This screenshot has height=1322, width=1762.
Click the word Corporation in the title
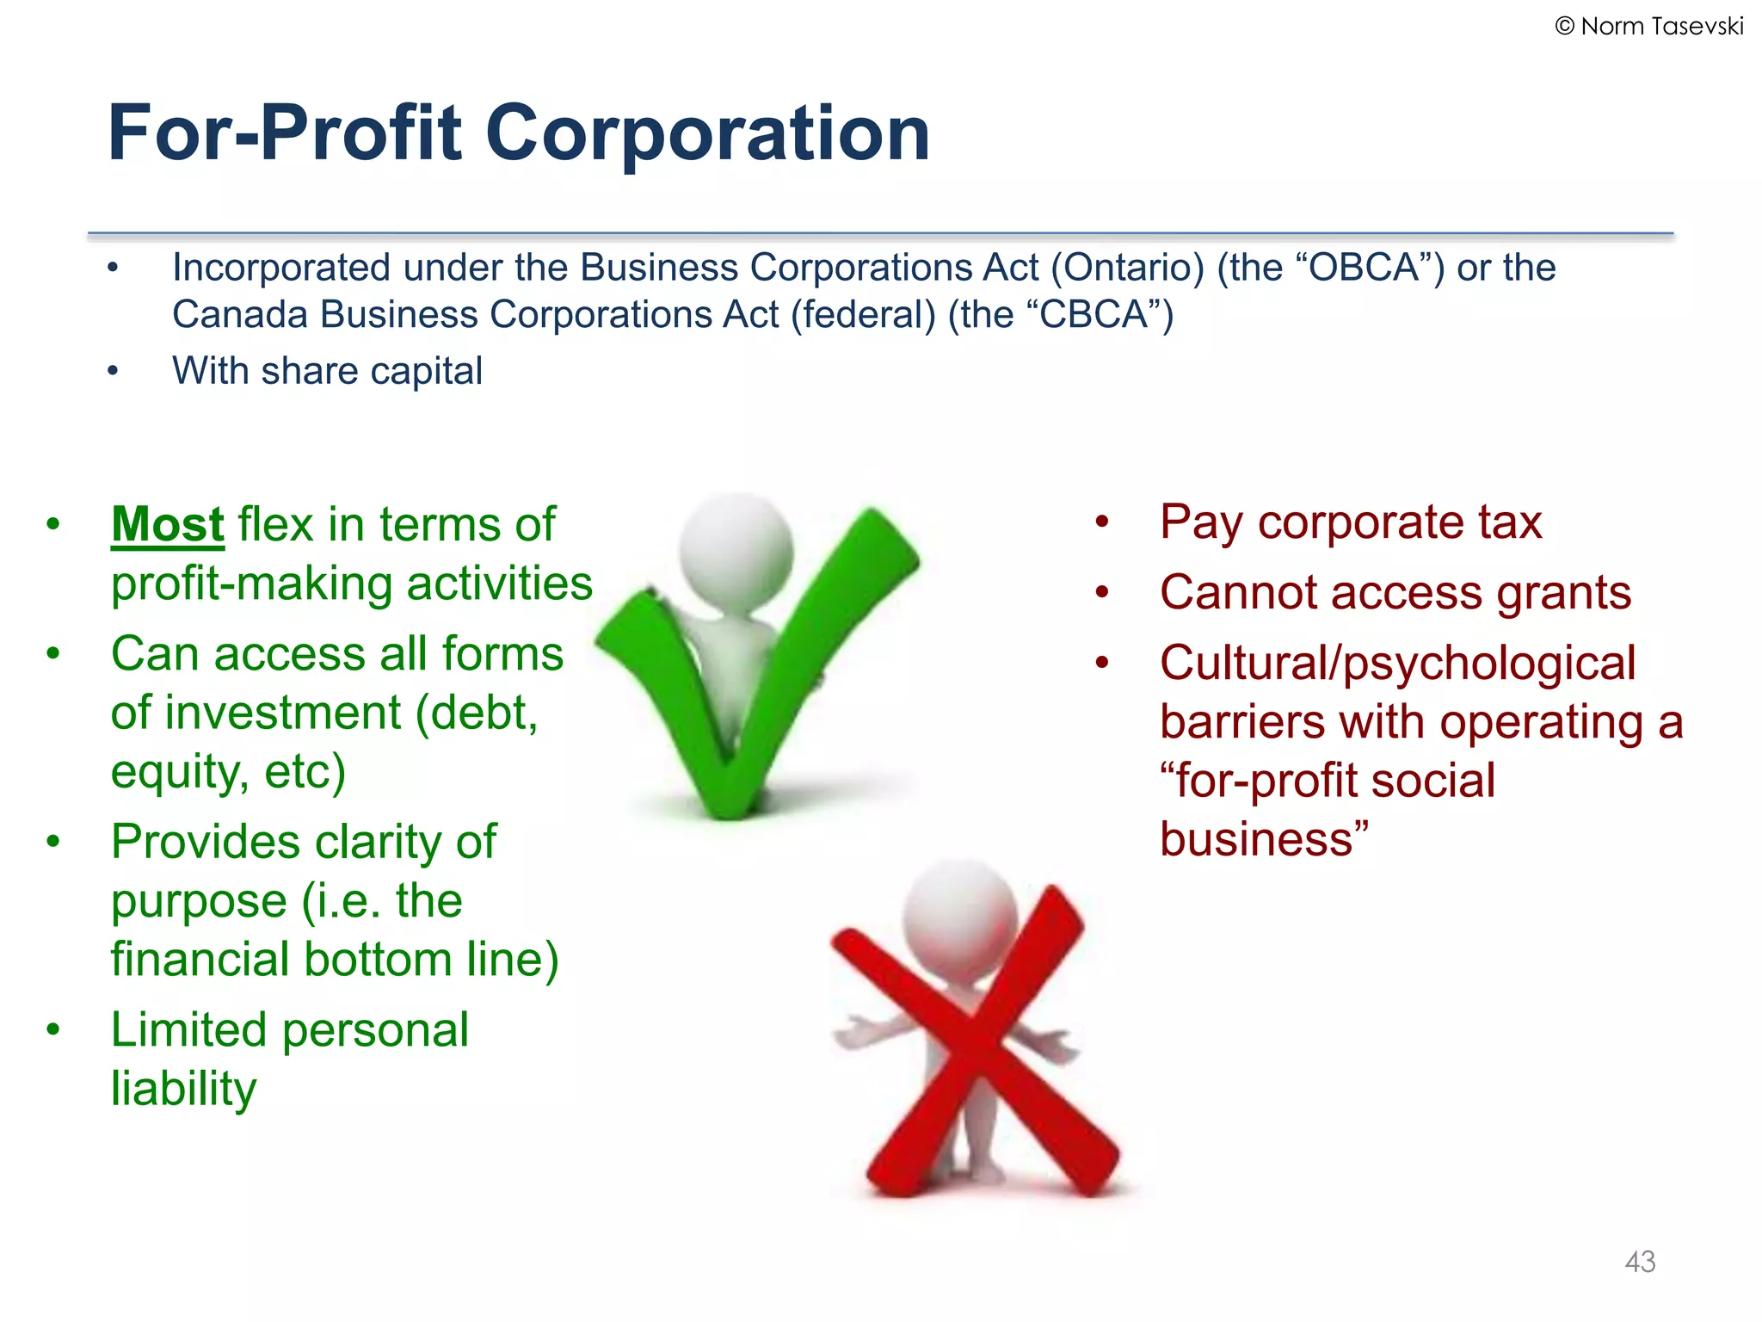pos(707,133)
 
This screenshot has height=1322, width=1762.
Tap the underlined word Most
pos(168,524)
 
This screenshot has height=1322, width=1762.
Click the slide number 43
pos(1640,1262)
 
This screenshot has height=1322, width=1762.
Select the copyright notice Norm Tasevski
pos(1649,27)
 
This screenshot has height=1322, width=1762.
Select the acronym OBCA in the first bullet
pos(1364,268)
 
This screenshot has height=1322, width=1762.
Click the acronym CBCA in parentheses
pos(1094,315)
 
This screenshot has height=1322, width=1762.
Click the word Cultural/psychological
pos(1397,663)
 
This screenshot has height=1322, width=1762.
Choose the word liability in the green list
pos(183,1088)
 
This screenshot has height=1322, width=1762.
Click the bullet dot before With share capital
pos(113,371)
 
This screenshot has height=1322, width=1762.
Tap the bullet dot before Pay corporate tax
pos(1102,522)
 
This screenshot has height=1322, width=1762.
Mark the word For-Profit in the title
pos(285,133)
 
